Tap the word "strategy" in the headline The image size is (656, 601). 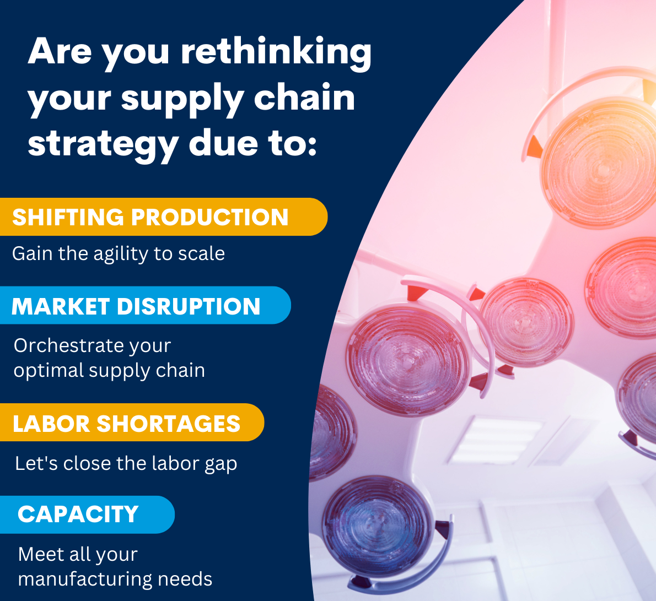tap(103, 144)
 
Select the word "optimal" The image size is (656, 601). tap(49, 371)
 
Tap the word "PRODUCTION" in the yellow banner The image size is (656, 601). tap(209, 217)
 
